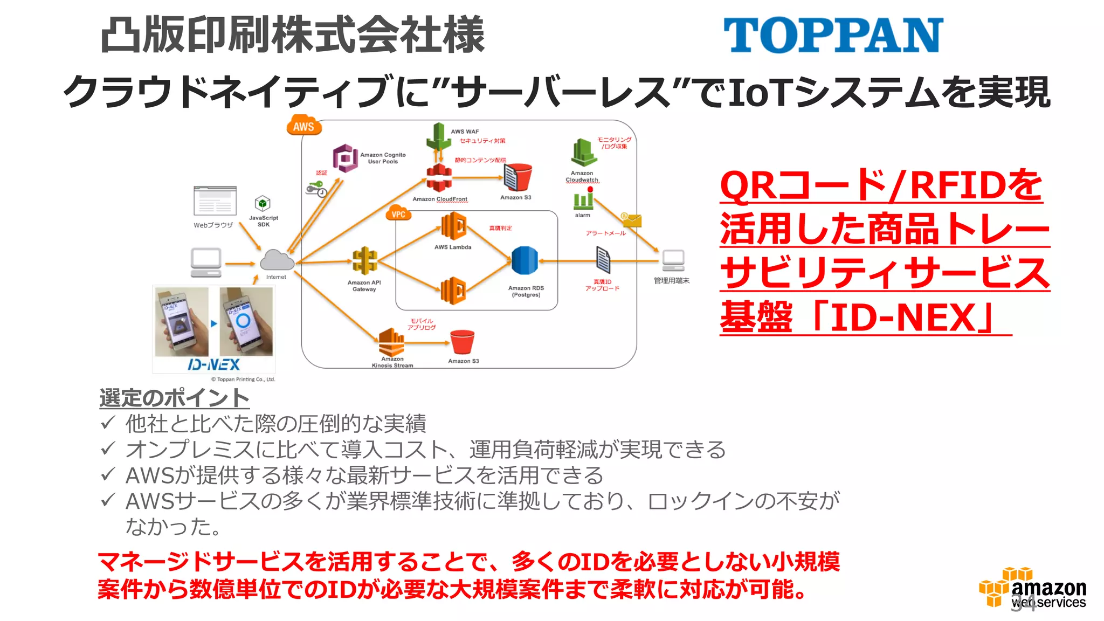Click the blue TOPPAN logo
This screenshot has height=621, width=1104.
click(833, 34)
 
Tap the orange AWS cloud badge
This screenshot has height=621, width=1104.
click(303, 126)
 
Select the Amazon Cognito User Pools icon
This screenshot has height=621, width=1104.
click(345, 158)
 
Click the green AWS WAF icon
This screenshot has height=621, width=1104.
click(438, 137)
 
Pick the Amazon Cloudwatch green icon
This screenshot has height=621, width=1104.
click(583, 153)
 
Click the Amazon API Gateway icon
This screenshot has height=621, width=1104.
click(365, 261)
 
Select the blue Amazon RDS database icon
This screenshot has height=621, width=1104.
click(524, 260)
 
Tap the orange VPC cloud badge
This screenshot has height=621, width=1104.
click(398, 213)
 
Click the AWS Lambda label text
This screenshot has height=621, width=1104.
click(453, 247)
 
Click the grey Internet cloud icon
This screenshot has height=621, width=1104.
click(277, 260)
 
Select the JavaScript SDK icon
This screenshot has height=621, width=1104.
click(263, 204)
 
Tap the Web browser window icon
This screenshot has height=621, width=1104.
click(215, 201)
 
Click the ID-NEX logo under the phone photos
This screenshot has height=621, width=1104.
click(213, 365)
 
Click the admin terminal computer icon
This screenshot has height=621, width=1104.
click(673, 261)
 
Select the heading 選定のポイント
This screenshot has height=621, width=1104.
click(174, 398)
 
